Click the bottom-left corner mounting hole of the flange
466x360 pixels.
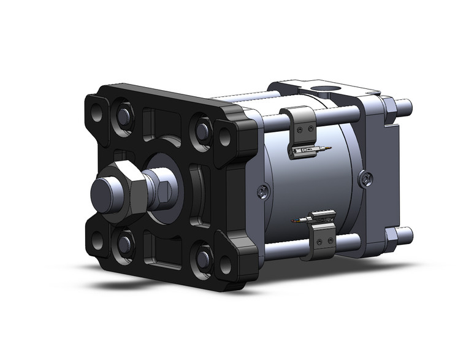[97, 240]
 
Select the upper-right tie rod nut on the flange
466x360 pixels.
[202, 129]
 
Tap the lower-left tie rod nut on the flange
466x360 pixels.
[124, 243]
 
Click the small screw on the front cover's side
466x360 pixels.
[262, 192]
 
